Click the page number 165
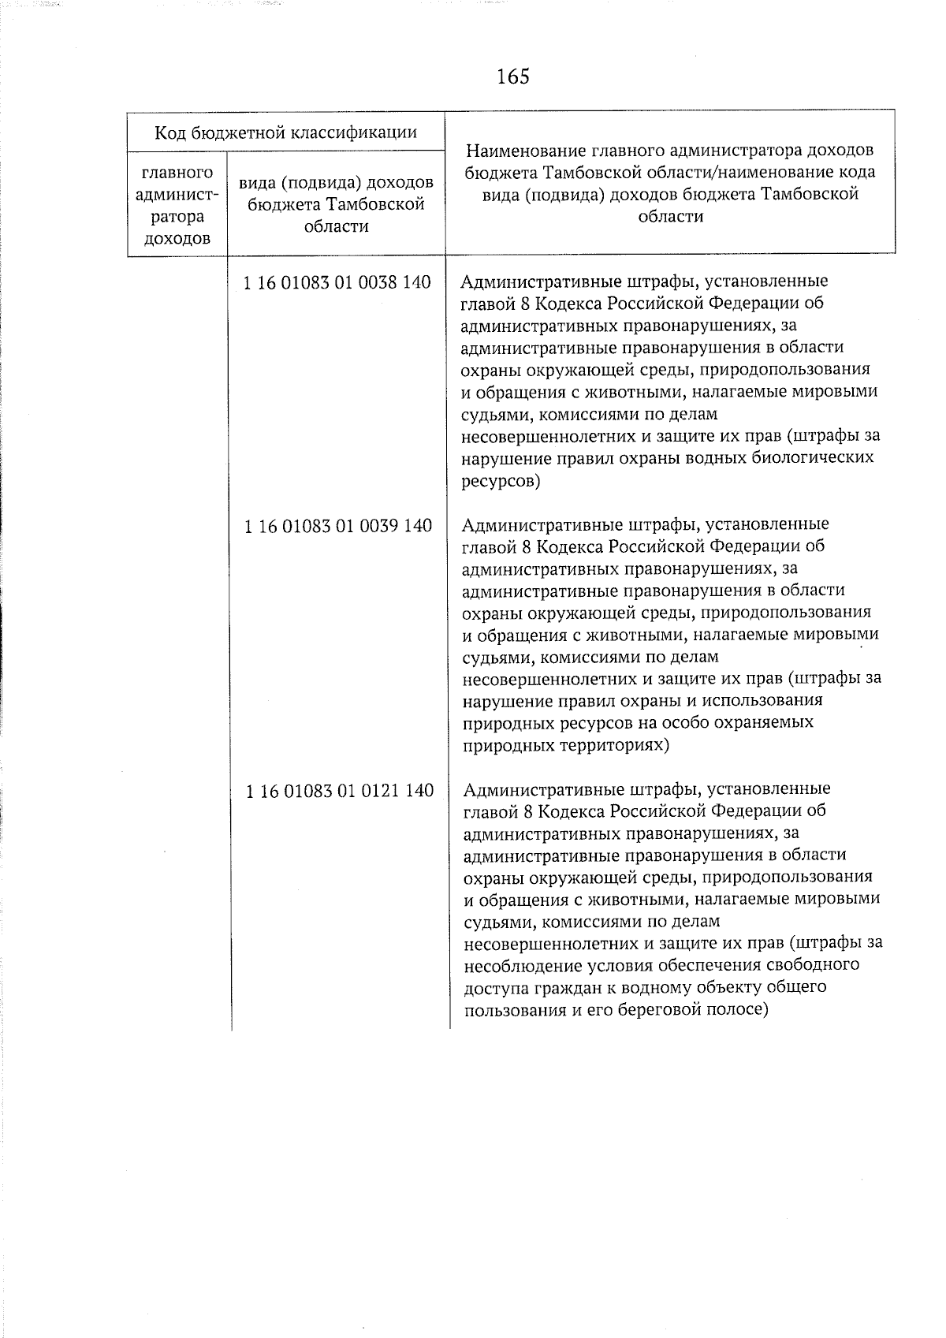(513, 76)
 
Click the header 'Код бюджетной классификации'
(285, 132)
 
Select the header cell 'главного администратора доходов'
(177, 205)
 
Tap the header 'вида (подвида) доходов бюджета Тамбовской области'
(336, 204)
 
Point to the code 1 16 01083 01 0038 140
(338, 282)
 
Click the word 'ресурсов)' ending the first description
(501, 480)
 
